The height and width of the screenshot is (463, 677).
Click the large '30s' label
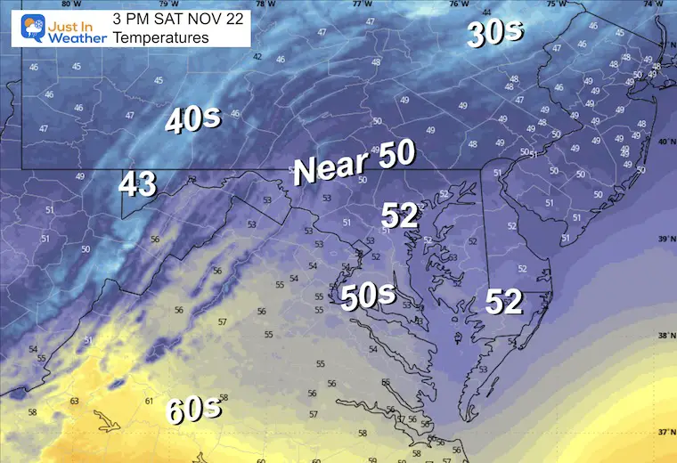[497, 34]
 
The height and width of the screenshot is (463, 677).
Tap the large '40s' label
[192, 120]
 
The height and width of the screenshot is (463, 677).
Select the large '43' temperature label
[137, 184]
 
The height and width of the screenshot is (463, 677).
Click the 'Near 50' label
[355, 162]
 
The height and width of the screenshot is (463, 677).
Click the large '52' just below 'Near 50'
[400, 215]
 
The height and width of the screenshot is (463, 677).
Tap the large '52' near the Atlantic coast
[503, 303]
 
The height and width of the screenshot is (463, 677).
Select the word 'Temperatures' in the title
[160, 37]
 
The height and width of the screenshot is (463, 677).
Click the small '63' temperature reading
[75, 401]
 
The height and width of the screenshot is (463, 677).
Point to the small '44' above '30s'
[486, 12]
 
